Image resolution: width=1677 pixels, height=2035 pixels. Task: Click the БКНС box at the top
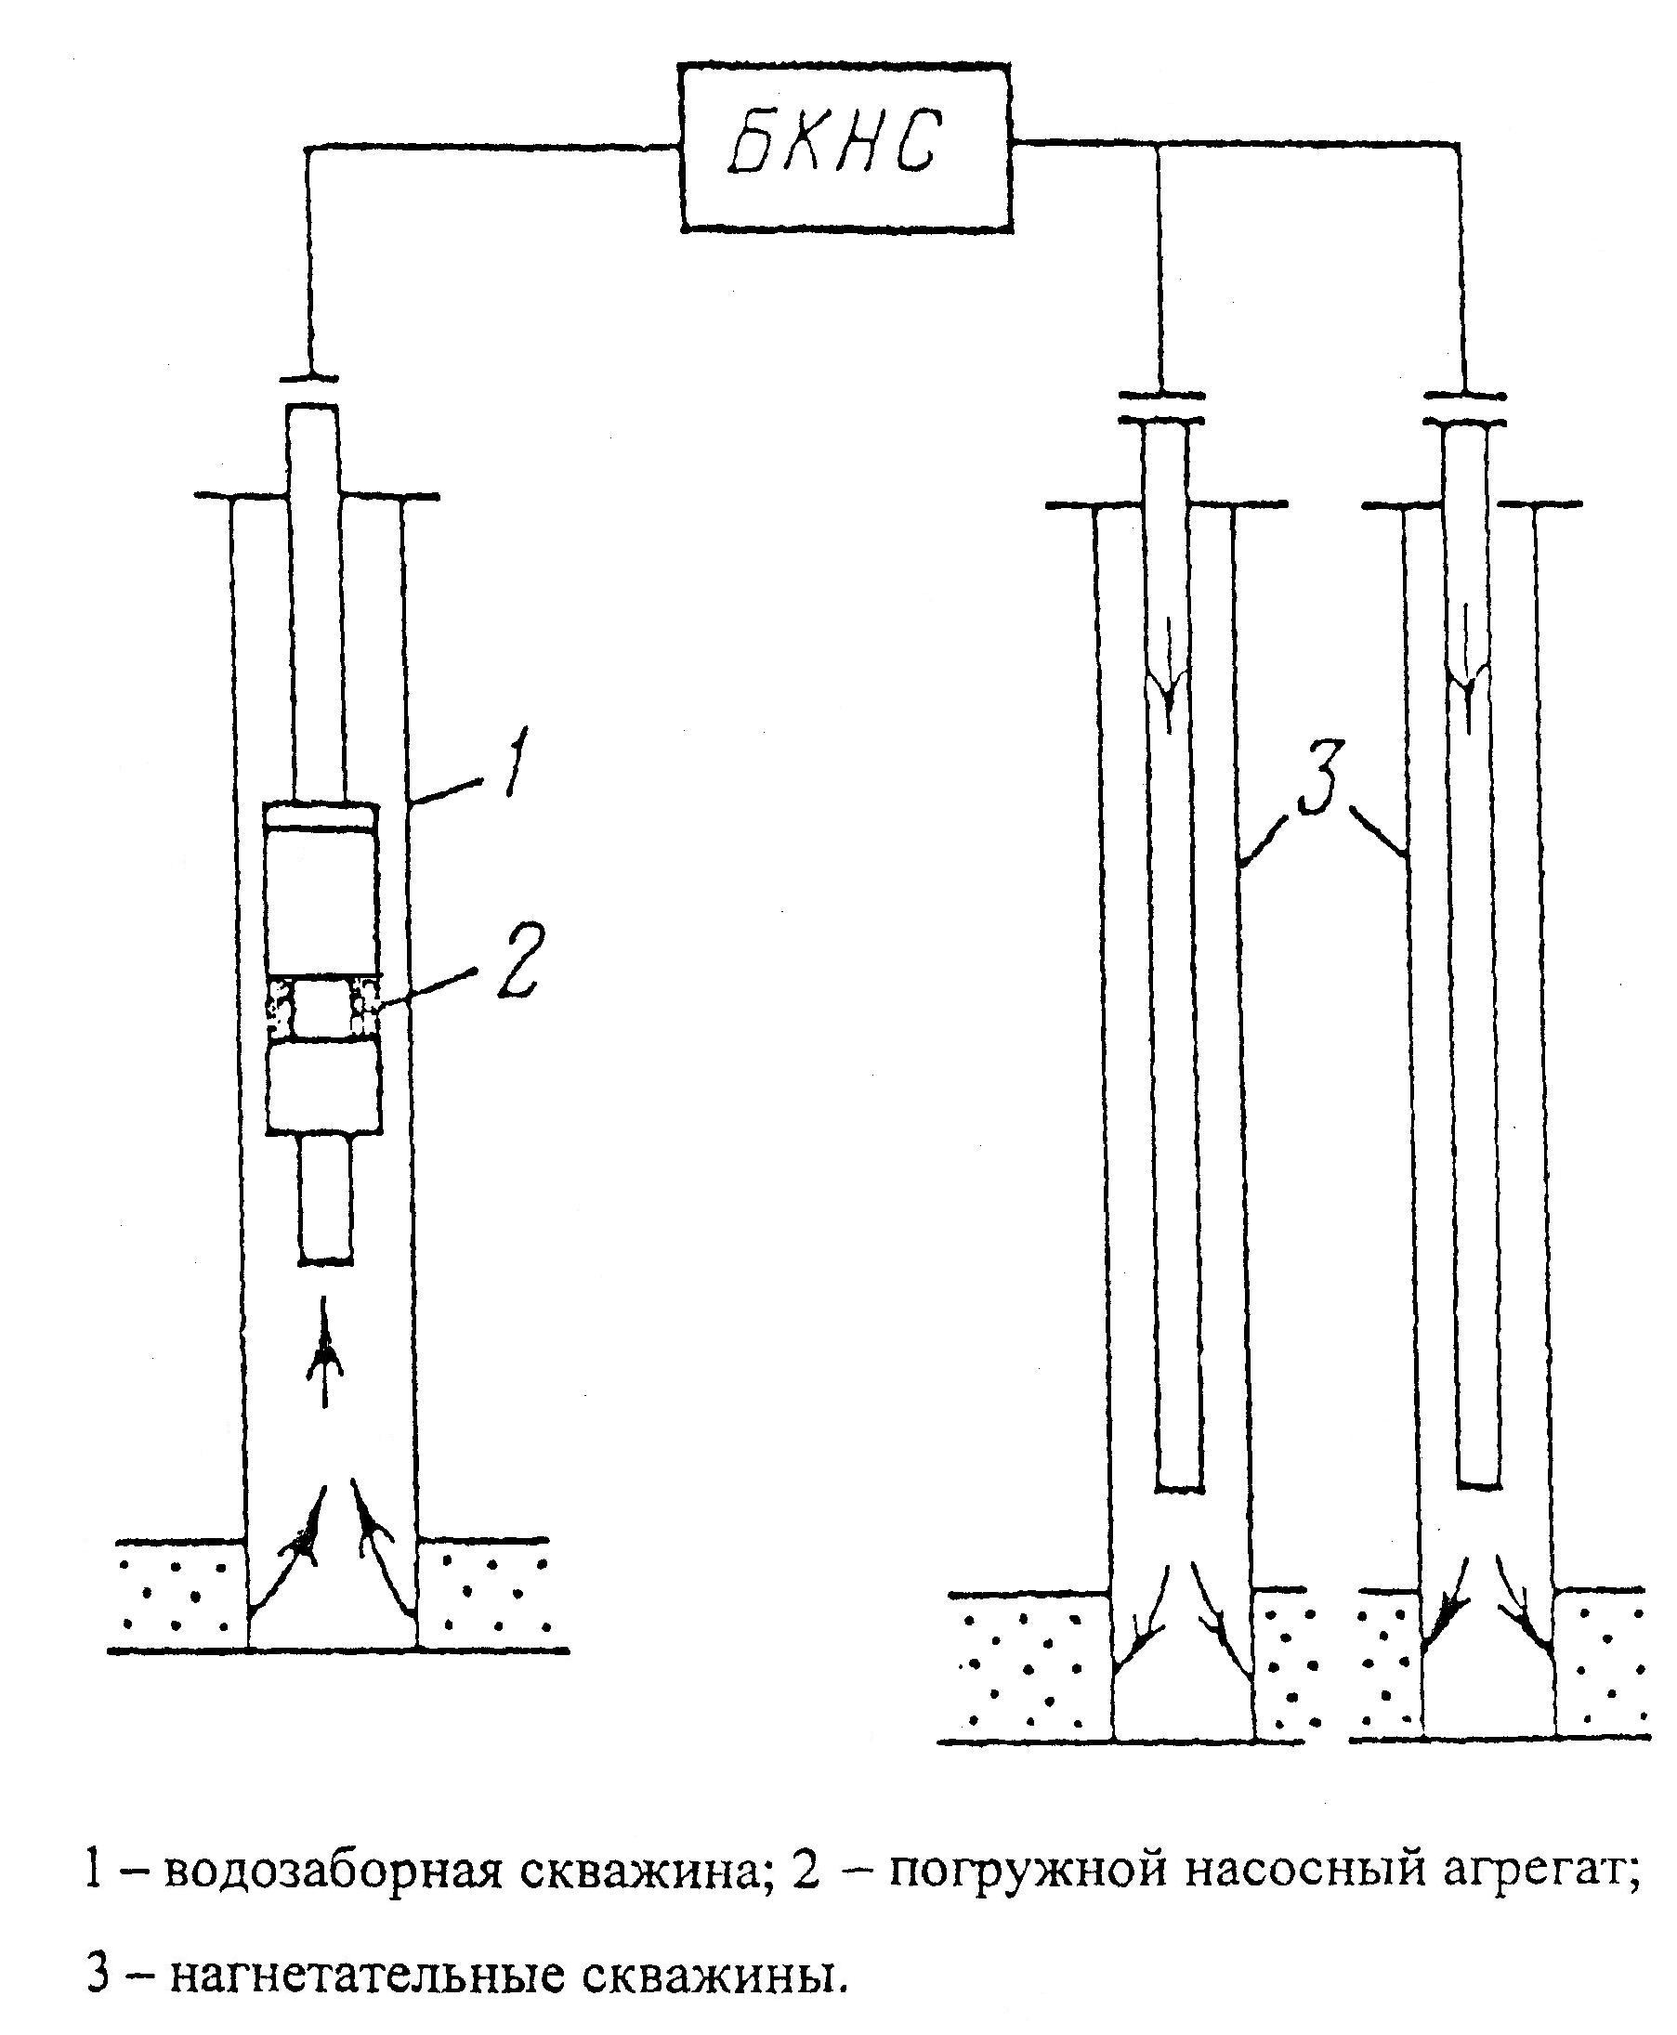[845, 148]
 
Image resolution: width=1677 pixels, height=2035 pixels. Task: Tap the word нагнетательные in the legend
[367, 1972]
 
